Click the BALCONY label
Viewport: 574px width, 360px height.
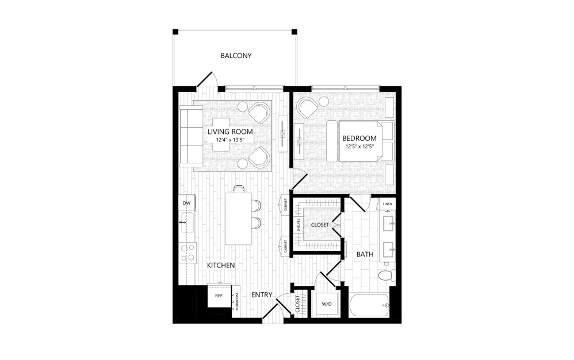coord(236,56)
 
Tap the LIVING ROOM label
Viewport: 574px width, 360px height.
coord(230,132)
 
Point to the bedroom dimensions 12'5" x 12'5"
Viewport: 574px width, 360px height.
coord(359,146)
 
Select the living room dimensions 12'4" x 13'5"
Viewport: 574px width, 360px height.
coord(230,140)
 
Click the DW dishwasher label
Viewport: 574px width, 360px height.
coord(187,203)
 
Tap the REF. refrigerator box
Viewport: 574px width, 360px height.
coord(220,296)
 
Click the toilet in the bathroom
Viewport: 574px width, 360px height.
coord(385,275)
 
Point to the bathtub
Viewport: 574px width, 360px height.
coord(369,305)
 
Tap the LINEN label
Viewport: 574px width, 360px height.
coord(387,204)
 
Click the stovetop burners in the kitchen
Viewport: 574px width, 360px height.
coord(187,252)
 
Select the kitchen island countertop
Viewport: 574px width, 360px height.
coord(238,219)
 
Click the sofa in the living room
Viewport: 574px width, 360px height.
coord(191,136)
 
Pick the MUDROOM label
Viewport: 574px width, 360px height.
coord(237,301)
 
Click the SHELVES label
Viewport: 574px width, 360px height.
coord(299,225)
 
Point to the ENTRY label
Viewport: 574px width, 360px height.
coord(262,294)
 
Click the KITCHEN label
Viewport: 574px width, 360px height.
coord(221,265)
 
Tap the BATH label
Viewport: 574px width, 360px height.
coord(365,254)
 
